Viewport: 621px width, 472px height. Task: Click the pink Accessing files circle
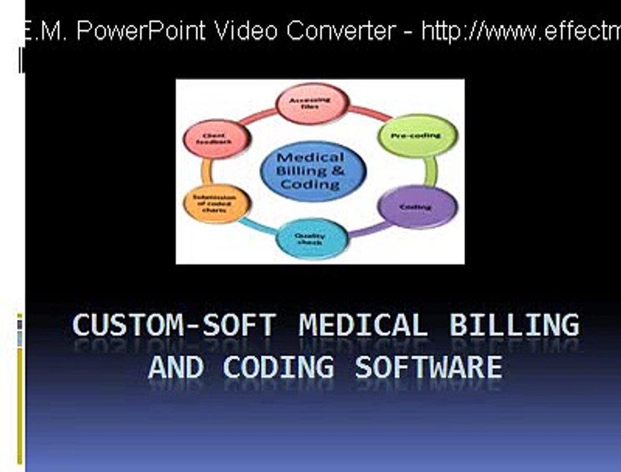(312, 104)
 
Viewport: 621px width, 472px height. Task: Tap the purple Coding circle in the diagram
(417, 206)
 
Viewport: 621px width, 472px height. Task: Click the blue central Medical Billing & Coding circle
(311, 170)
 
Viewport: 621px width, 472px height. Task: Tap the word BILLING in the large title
(514, 326)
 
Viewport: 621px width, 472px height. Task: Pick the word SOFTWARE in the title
(428, 366)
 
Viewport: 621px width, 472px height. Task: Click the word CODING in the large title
(278, 366)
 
